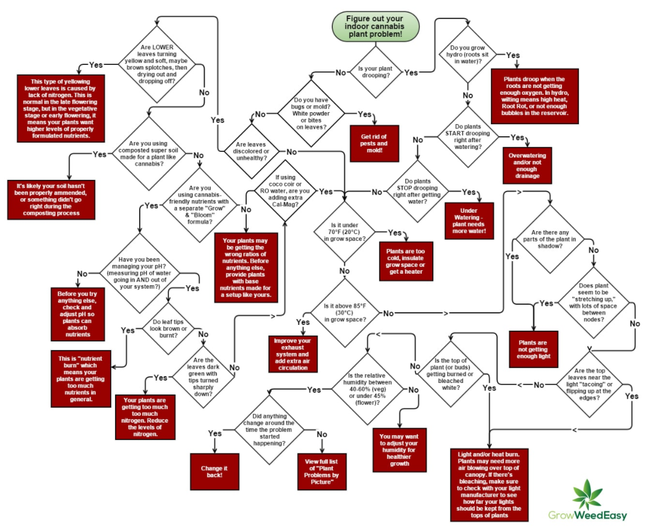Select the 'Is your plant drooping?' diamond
(x=375, y=72)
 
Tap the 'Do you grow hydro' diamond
(x=467, y=54)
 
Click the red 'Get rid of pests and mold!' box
(x=374, y=143)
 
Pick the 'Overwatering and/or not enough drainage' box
(x=527, y=166)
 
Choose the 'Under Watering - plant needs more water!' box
(x=469, y=221)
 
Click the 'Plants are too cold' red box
(x=406, y=261)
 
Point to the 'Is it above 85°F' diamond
(x=345, y=313)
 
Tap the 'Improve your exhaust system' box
(x=293, y=354)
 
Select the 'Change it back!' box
(x=214, y=471)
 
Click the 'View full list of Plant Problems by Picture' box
(x=322, y=471)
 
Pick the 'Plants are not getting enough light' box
(x=533, y=349)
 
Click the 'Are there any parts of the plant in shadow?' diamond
(x=550, y=239)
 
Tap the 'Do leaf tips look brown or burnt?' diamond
(x=168, y=328)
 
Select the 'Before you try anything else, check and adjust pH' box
(x=78, y=314)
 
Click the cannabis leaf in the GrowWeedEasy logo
(x=588, y=495)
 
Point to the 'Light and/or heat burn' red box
(x=489, y=485)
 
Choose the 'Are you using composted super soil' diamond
(x=148, y=154)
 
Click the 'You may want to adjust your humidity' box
(x=400, y=450)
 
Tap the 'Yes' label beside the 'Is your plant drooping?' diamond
(x=411, y=72)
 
